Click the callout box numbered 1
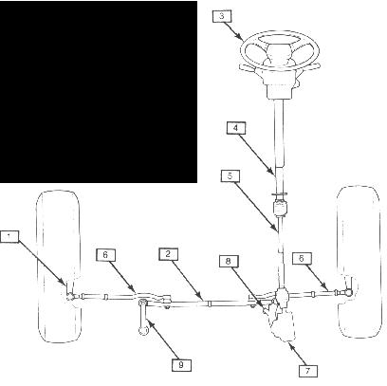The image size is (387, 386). pos(9,236)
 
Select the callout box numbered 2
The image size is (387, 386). pos(169,254)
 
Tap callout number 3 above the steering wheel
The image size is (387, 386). pos(222,16)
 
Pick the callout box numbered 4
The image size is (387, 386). pos(236,128)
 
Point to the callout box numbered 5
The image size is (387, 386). pos(230,176)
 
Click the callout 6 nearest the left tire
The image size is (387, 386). pos(105,255)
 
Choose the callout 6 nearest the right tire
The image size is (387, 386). pos(302,258)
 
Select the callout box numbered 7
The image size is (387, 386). pos(308,371)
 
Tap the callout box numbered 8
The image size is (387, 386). pos(229,261)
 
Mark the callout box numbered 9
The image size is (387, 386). pos(181,365)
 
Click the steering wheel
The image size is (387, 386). pos(280,50)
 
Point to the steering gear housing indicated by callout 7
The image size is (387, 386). pos(282,324)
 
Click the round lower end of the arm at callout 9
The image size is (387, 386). pos(143,331)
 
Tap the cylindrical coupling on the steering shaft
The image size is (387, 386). pos(280,208)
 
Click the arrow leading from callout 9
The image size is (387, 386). pos(163,339)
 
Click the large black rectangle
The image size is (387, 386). pos(99,92)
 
